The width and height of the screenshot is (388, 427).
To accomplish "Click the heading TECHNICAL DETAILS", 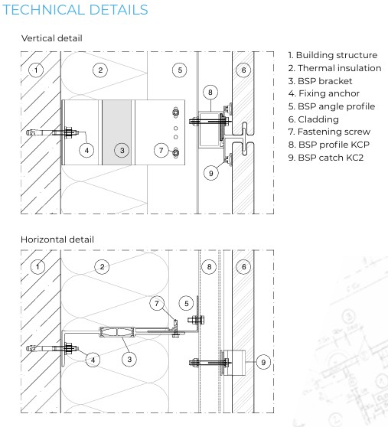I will click(x=75, y=11).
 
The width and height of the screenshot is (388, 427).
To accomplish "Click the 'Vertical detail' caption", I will click(x=52, y=38).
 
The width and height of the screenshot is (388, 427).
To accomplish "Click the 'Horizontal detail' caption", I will click(x=57, y=240).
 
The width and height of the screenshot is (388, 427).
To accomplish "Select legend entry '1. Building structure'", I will click(x=332, y=55).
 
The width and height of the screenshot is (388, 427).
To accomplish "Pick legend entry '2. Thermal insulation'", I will click(x=334, y=68).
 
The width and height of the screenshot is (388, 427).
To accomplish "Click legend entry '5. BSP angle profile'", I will click(x=331, y=106).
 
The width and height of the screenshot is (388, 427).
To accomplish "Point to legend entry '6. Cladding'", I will click(x=313, y=119).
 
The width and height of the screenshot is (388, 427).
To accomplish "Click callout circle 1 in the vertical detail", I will click(x=35, y=70).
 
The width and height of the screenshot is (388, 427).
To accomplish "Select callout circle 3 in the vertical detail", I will click(x=122, y=151).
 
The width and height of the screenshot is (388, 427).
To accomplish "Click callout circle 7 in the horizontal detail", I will click(x=158, y=305).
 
